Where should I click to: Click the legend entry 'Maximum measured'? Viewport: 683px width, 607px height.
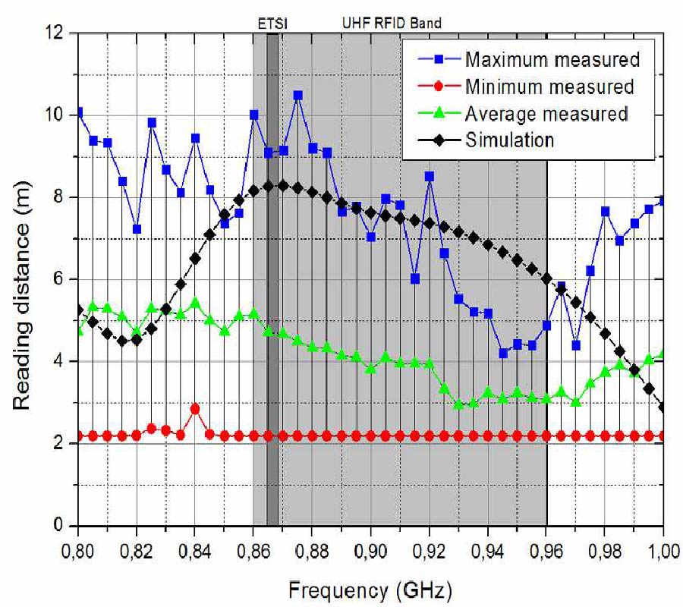pyautogui.click(x=552, y=59)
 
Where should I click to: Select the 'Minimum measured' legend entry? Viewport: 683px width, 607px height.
pyautogui.click(x=549, y=86)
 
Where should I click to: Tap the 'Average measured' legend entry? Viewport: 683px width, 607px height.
pyautogui.click(x=546, y=114)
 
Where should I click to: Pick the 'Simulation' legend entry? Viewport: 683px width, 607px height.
pyautogui.click(x=509, y=140)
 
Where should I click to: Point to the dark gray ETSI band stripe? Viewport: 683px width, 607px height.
pyautogui.click(x=272, y=303)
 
